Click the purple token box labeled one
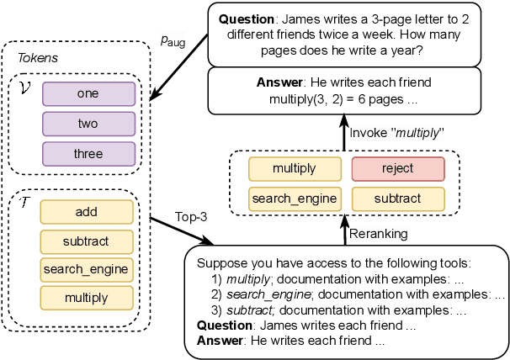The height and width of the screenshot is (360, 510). point(88,93)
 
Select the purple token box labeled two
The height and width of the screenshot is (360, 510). point(88,124)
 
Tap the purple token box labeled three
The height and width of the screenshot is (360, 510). point(88,154)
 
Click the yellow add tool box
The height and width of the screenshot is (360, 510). point(87,212)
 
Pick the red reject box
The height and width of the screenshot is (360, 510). point(397,168)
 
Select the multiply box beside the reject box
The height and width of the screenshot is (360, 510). point(295,168)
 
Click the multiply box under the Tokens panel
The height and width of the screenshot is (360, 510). point(87,298)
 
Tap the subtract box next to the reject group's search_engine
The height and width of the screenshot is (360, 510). point(397,199)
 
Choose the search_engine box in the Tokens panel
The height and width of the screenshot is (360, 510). point(87,269)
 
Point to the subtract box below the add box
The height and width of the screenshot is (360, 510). point(87,241)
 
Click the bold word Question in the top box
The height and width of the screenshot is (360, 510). point(247,18)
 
